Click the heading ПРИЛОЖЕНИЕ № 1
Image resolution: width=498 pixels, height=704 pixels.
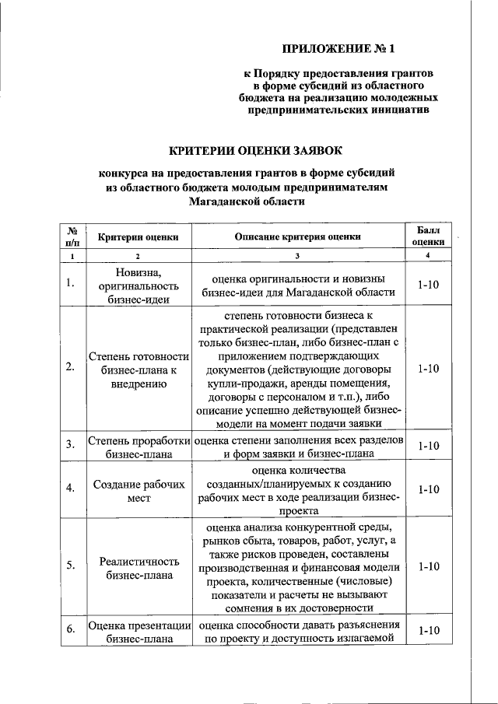coord(338,50)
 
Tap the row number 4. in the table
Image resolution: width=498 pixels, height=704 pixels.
coord(70,489)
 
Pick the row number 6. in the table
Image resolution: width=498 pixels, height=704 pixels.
coord(70,631)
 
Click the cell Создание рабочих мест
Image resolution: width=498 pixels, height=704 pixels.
coord(138,489)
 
